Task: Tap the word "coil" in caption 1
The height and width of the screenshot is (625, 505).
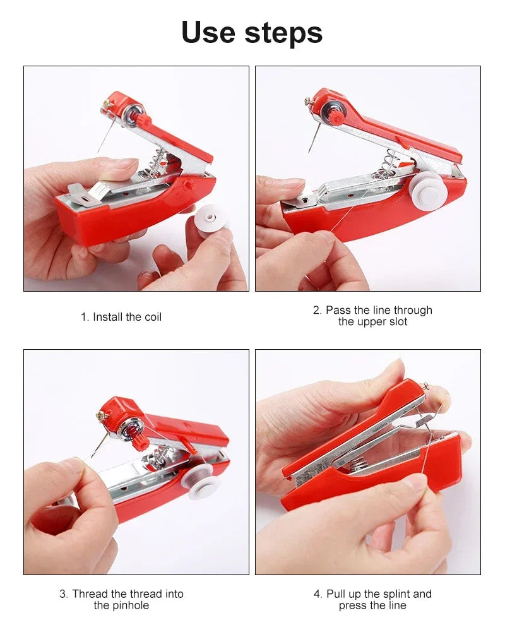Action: point(153,317)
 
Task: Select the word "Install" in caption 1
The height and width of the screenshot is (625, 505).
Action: point(110,317)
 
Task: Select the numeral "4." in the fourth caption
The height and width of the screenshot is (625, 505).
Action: point(318,594)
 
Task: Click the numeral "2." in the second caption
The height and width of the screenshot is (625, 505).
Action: point(318,310)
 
